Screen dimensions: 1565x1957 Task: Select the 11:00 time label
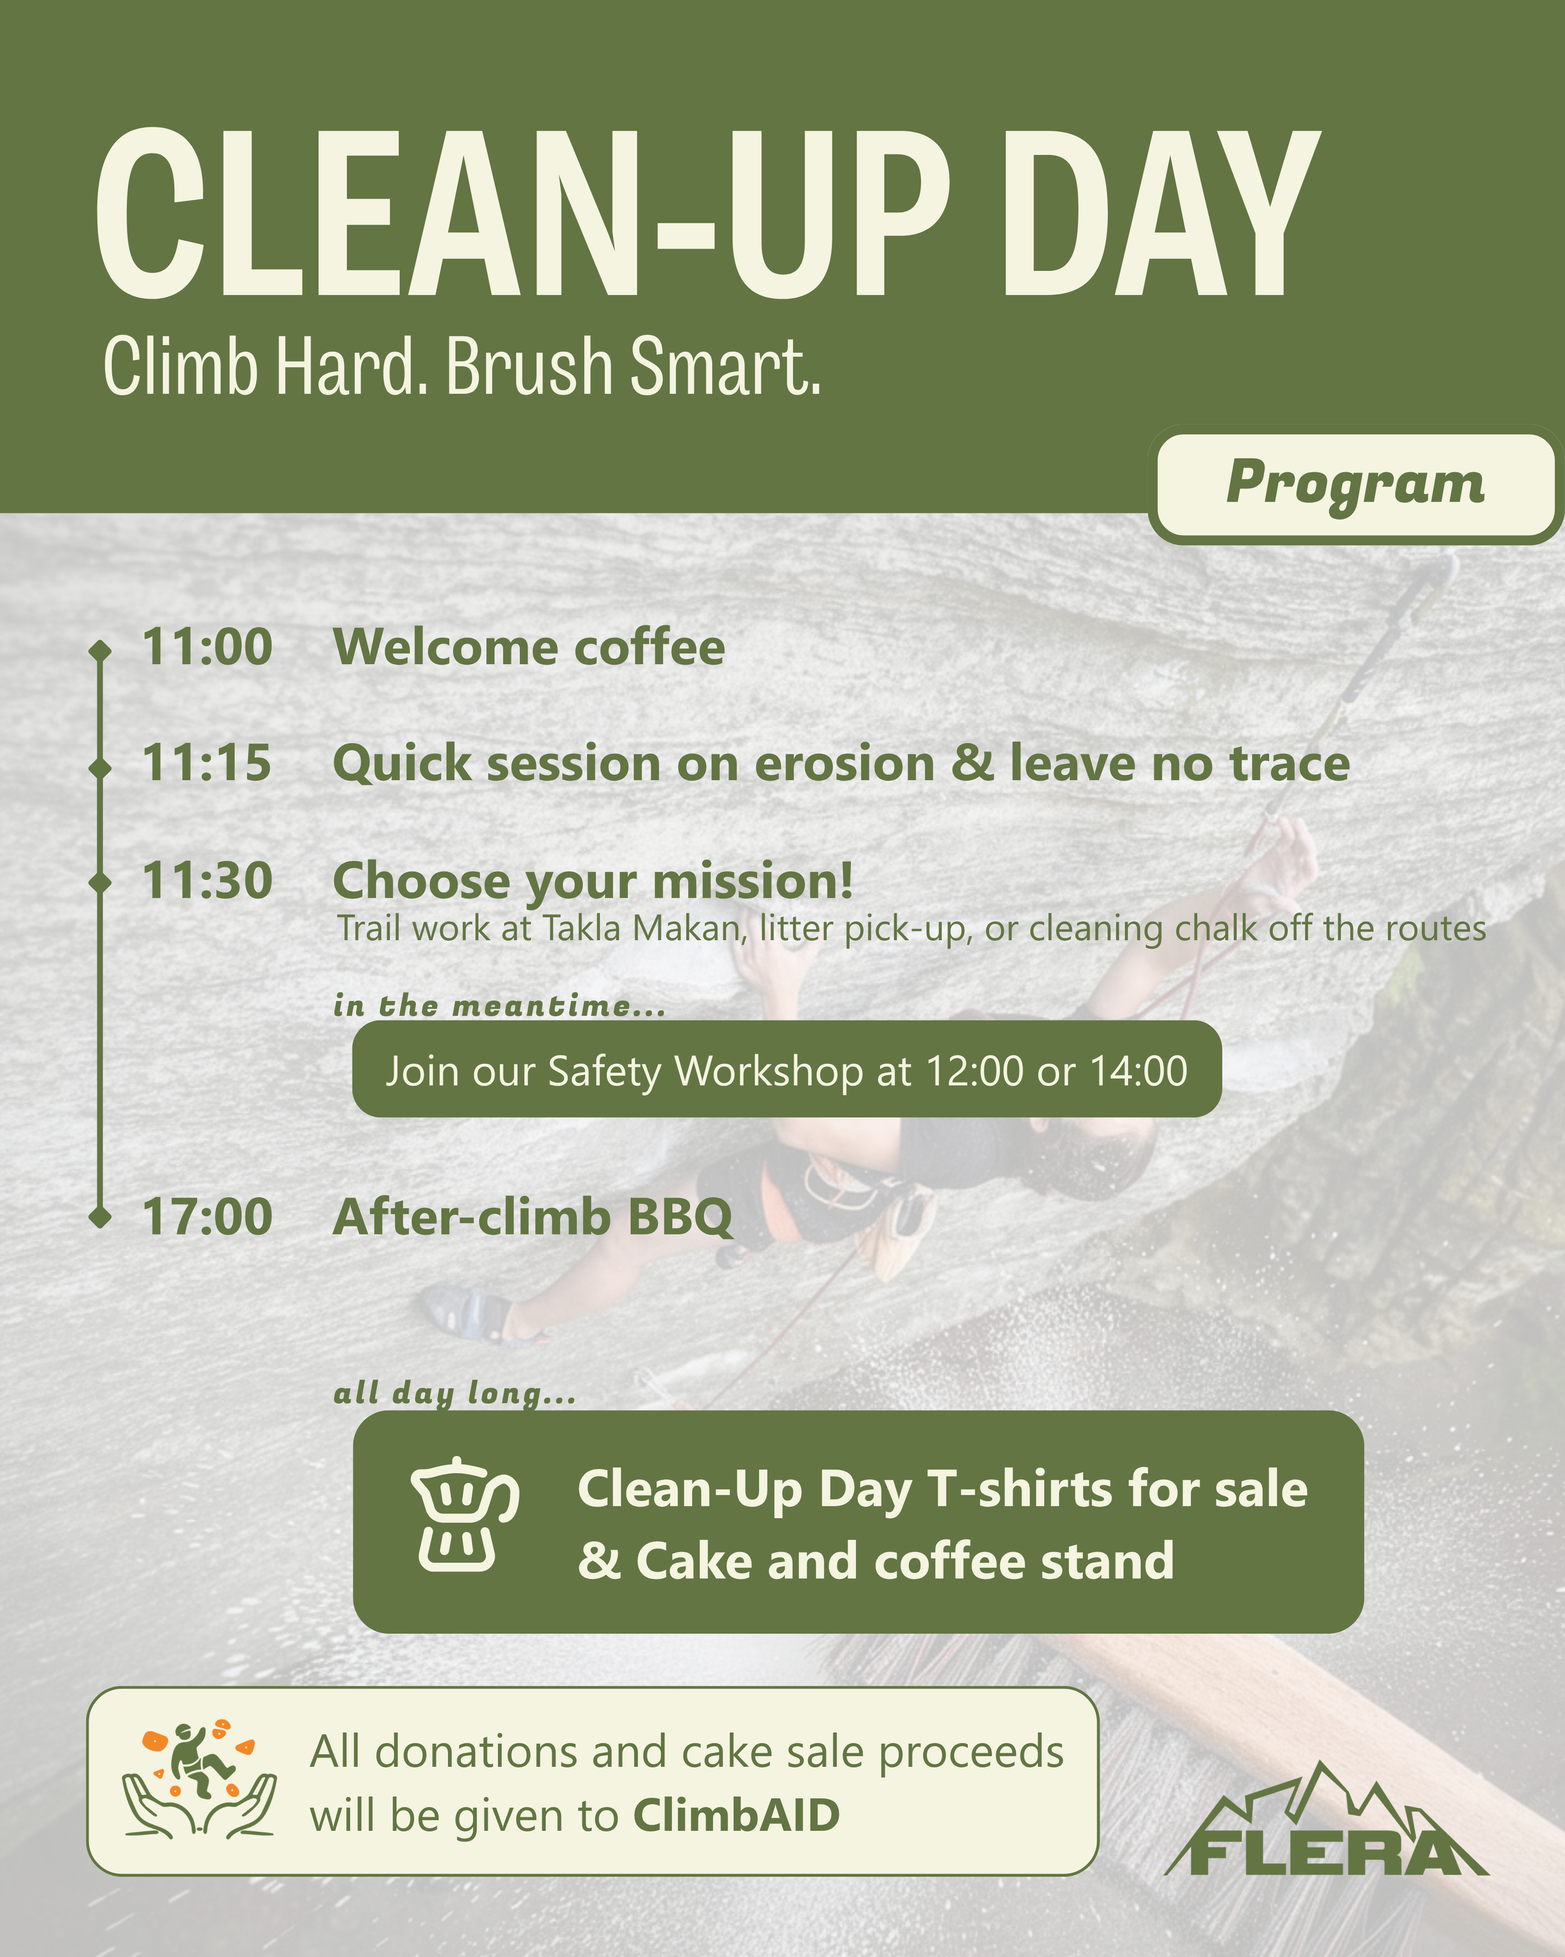click(x=208, y=647)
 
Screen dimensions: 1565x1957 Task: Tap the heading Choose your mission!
click(x=594, y=881)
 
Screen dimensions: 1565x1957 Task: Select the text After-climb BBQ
click(x=532, y=1217)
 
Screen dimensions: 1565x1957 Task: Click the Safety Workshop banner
click(x=786, y=1069)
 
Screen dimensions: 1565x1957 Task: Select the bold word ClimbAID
click(x=736, y=1816)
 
